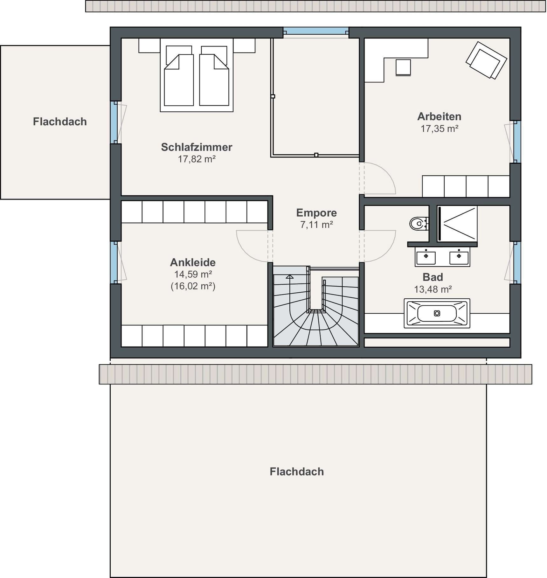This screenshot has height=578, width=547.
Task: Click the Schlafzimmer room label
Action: (197, 147)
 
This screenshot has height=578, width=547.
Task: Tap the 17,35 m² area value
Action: (440, 129)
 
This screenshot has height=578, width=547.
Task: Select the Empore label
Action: (316, 212)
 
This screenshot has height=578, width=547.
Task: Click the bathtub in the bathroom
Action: (437, 313)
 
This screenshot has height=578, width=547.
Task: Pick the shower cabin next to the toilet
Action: (457, 224)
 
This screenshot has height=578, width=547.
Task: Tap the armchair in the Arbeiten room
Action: (486, 60)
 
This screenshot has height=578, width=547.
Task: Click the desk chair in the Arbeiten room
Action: (403, 67)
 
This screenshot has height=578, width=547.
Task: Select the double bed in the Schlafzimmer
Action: (197, 75)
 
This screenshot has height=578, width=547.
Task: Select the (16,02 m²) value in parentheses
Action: (193, 286)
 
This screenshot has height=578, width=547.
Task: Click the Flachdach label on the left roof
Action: (60, 122)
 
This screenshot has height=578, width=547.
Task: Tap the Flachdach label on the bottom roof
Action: (297, 471)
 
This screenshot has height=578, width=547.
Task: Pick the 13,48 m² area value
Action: (433, 289)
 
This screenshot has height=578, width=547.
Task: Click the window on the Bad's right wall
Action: (517, 262)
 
